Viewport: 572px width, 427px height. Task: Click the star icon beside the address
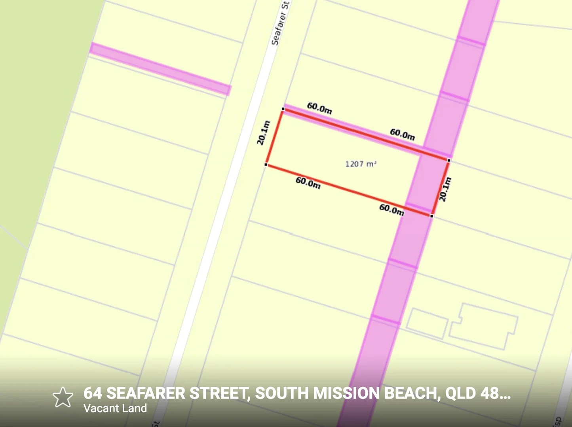click(x=63, y=397)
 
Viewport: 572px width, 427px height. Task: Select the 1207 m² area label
click(x=361, y=164)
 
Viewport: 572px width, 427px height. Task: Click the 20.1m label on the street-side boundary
click(x=263, y=133)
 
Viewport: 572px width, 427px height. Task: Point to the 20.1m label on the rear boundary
click(x=445, y=189)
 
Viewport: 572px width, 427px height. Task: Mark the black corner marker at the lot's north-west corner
click(x=283, y=109)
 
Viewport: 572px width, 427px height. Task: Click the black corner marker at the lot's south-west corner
click(x=266, y=164)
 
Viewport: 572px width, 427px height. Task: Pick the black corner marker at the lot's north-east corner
click(x=448, y=160)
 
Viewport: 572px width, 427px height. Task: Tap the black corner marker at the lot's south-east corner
click(x=431, y=216)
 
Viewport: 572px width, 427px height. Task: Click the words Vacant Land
click(x=115, y=408)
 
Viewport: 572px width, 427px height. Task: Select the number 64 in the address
click(x=93, y=393)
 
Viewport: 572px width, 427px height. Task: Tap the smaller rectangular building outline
click(x=427, y=323)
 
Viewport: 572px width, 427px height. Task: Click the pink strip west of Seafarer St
click(x=160, y=69)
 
